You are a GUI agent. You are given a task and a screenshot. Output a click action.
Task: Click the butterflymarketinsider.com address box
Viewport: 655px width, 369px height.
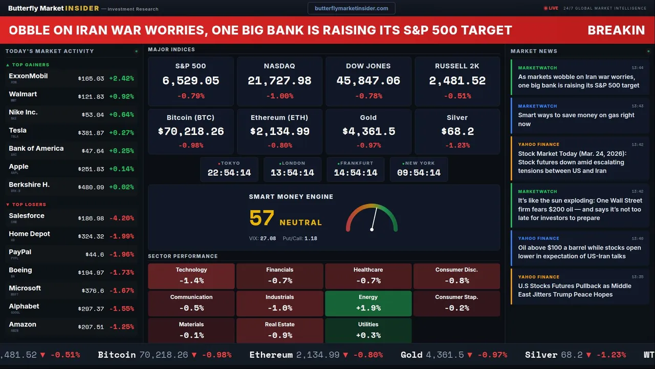(x=352, y=8)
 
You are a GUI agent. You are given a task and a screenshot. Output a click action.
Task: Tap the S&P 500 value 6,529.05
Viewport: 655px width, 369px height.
(x=190, y=80)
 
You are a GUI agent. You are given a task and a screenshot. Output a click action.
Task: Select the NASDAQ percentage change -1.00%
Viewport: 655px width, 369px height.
(x=279, y=96)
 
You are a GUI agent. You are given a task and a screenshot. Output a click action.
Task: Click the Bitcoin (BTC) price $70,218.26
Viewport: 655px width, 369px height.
(x=191, y=131)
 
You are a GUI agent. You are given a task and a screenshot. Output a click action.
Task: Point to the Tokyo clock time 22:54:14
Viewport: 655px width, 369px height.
(x=229, y=173)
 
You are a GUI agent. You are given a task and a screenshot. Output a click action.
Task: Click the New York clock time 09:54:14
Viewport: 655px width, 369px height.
(x=419, y=173)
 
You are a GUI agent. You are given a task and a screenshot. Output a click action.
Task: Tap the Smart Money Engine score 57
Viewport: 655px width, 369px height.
(x=262, y=218)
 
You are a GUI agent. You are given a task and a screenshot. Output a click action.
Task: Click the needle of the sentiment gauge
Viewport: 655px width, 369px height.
(x=374, y=218)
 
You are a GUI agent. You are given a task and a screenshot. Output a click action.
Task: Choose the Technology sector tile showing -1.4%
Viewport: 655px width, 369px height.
(x=191, y=276)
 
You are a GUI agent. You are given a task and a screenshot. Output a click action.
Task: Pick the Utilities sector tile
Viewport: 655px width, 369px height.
(x=368, y=331)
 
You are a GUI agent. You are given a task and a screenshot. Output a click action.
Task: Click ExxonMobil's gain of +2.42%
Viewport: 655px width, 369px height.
(x=121, y=78)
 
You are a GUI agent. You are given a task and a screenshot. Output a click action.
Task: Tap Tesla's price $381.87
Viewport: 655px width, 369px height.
(x=91, y=133)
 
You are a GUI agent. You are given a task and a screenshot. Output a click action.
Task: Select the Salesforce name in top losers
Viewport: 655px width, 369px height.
(x=27, y=216)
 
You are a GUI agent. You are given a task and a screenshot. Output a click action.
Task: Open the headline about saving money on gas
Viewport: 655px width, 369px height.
(x=576, y=119)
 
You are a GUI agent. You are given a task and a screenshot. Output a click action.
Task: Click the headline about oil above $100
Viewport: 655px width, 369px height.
(x=579, y=252)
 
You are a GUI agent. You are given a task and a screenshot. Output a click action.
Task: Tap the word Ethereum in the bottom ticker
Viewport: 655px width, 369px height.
(x=271, y=355)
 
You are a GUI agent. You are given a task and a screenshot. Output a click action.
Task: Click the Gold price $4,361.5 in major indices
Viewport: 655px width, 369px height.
(x=368, y=131)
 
